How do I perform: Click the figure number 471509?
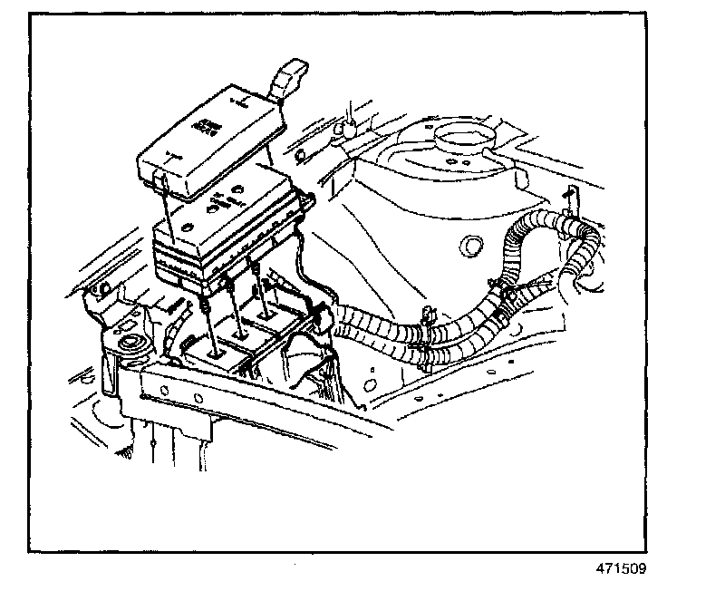(x=622, y=569)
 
